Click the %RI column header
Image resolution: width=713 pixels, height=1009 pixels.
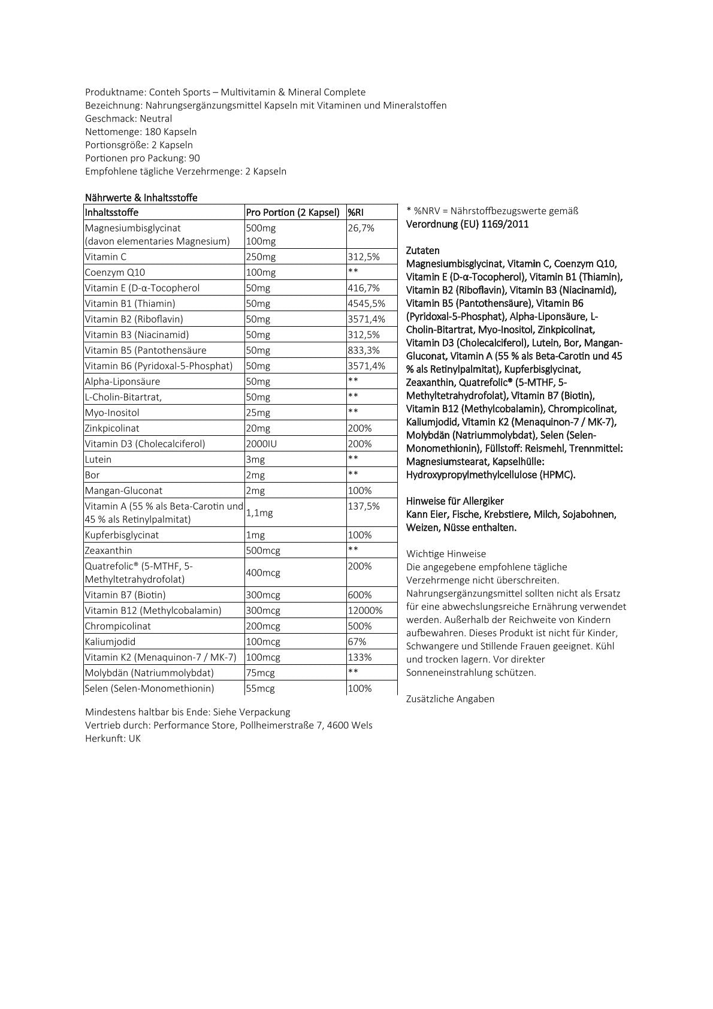click(356, 212)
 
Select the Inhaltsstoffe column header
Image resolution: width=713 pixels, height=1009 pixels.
click(112, 212)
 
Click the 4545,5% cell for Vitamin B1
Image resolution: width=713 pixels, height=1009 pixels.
click(366, 303)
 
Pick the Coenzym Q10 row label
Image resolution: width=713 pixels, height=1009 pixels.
click(115, 272)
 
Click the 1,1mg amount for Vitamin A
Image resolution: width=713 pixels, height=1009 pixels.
click(259, 513)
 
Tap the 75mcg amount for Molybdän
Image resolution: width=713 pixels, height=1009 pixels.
click(260, 673)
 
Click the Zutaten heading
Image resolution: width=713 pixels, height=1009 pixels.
click(422, 251)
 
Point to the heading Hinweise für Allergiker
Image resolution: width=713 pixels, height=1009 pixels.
click(455, 501)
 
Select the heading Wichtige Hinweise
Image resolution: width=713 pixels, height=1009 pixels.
click(446, 554)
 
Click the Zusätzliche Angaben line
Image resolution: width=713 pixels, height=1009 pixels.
click(450, 699)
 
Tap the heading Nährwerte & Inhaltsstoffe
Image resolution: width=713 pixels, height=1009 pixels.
click(141, 197)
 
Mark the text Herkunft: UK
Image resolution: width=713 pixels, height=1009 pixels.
click(113, 739)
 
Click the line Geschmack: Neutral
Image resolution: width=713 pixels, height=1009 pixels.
click(128, 119)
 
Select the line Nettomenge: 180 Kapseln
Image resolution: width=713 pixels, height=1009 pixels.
click(141, 132)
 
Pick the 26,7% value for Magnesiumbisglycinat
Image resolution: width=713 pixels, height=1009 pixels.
click(361, 228)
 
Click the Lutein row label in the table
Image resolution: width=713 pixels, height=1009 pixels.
click(98, 459)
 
